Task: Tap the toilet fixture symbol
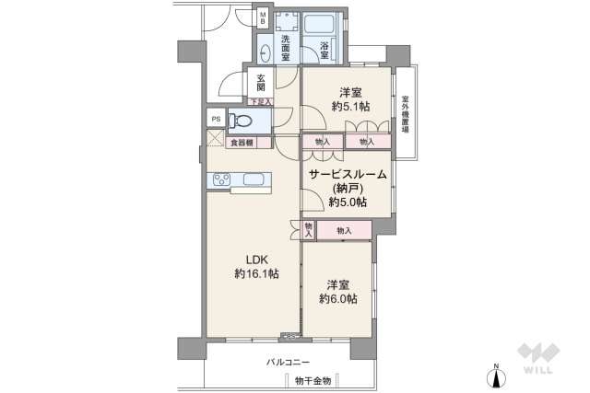coord(241,120)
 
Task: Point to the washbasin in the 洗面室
coord(265,52)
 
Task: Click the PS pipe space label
coord(216,119)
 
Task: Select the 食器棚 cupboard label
coord(244,143)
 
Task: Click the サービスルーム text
coord(347,174)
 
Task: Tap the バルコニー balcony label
coord(289,362)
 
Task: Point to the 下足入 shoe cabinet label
coord(260,100)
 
